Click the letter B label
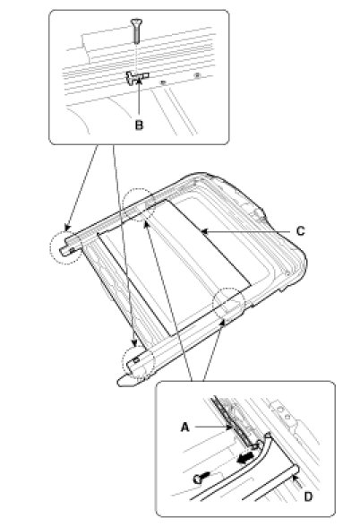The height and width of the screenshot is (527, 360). pyautogui.click(x=139, y=125)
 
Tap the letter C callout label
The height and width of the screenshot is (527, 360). pyautogui.click(x=301, y=231)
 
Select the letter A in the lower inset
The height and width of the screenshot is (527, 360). pyautogui.click(x=185, y=428)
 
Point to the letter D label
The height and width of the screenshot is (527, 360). pyautogui.click(x=308, y=497)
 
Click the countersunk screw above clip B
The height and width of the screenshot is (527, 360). pyautogui.click(x=136, y=30)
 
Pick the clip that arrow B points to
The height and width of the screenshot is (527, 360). pyautogui.click(x=137, y=78)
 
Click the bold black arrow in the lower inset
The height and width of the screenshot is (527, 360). pyautogui.click(x=244, y=458)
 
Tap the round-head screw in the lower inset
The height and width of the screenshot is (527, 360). pyautogui.click(x=201, y=477)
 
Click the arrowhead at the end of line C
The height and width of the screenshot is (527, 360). pyautogui.click(x=203, y=231)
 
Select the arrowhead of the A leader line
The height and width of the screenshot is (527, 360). pyautogui.click(x=229, y=428)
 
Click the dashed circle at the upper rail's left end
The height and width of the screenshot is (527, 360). pyautogui.click(x=63, y=246)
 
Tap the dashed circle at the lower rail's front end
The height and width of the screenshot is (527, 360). pyautogui.click(x=138, y=363)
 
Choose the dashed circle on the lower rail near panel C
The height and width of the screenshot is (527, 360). pyautogui.click(x=228, y=303)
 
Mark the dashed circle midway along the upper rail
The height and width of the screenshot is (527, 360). pyautogui.click(x=138, y=204)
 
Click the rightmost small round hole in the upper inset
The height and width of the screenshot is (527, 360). pyautogui.click(x=197, y=75)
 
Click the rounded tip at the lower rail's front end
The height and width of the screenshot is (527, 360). pyautogui.click(x=122, y=382)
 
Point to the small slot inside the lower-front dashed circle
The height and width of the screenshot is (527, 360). pyautogui.click(x=136, y=360)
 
